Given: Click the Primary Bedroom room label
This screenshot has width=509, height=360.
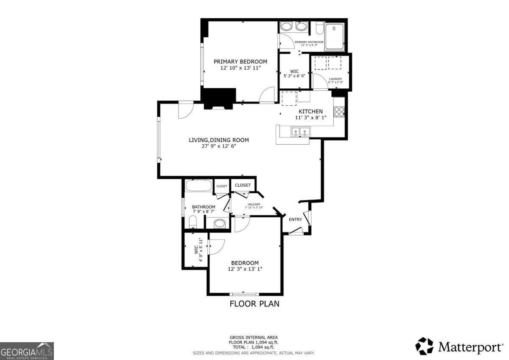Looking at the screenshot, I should (x=240, y=61).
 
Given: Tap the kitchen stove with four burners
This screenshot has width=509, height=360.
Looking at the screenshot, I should (x=339, y=112).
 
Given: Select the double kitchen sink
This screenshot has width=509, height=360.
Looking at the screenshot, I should (x=300, y=132).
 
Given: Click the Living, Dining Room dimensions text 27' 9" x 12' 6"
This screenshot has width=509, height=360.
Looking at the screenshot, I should (x=218, y=146).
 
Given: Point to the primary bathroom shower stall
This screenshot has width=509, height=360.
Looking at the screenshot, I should (x=335, y=36).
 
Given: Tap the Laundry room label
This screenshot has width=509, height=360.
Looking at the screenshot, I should (x=335, y=79).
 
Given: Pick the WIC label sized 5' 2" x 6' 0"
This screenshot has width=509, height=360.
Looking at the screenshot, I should (x=294, y=71).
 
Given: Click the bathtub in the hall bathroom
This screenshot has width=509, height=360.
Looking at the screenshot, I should (x=199, y=186).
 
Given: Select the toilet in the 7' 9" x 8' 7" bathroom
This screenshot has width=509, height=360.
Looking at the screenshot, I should (x=192, y=222).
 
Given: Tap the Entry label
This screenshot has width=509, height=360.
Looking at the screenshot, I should (x=295, y=219).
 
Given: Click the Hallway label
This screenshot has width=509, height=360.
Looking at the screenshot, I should (x=254, y=204).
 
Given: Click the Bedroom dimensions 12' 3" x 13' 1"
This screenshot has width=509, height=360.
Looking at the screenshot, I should (x=245, y=269).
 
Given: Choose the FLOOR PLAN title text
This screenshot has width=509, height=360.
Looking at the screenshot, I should (x=255, y=304).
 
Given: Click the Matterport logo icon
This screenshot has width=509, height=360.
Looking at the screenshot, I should (x=424, y=346).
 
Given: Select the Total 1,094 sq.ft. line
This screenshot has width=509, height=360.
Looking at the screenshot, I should (x=254, y=347).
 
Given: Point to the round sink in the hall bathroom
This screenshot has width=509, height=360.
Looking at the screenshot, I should (x=219, y=223).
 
